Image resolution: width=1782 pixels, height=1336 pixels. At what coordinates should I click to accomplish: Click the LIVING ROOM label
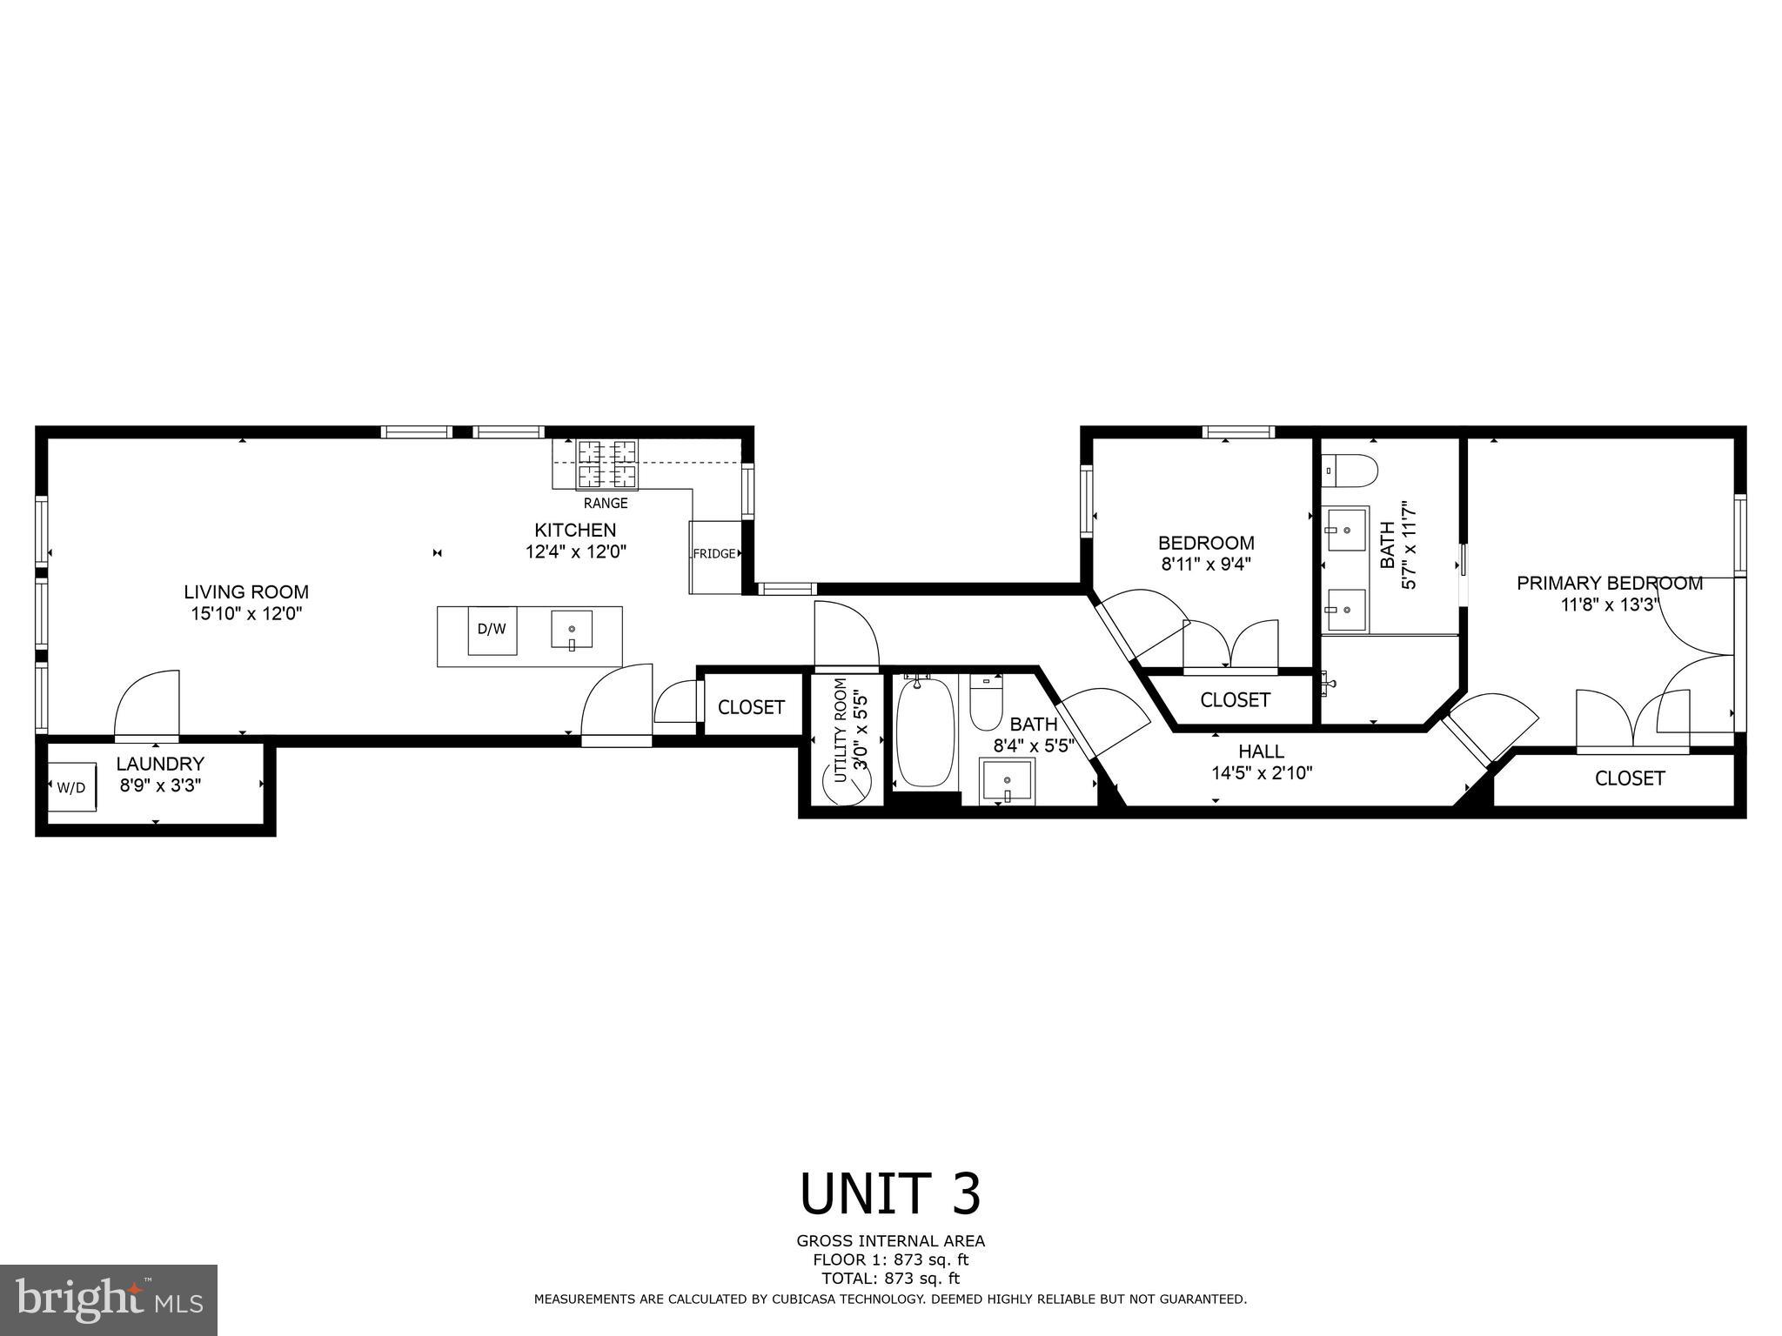[x=246, y=592]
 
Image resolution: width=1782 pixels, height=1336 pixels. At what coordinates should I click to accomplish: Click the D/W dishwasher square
[x=492, y=629]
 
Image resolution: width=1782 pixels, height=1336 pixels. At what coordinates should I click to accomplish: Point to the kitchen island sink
[x=572, y=630]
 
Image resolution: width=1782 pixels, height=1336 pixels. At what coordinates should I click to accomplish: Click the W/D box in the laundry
[x=71, y=787]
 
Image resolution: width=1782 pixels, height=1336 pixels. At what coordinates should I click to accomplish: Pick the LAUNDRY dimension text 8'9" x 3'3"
[x=160, y=784]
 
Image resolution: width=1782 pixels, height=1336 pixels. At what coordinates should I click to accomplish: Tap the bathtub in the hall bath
[x=926, y=733]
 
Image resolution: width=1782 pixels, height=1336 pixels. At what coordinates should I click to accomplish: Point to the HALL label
[x=1261, y=751]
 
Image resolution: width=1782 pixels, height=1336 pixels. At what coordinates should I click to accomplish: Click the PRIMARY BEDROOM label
[x=1609, y=584]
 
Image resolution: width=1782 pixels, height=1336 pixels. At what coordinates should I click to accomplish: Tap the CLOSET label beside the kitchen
[x=751, y=707]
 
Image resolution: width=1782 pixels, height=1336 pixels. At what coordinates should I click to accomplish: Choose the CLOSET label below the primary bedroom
[x=1629, y=778]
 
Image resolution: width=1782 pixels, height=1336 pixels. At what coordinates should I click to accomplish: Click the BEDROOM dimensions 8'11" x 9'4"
[x=1205, y=564]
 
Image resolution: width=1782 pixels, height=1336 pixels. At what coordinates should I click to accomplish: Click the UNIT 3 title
[x=890, y=1194]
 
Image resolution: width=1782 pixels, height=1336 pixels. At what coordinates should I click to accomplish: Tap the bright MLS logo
[x=109, y=1299]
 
